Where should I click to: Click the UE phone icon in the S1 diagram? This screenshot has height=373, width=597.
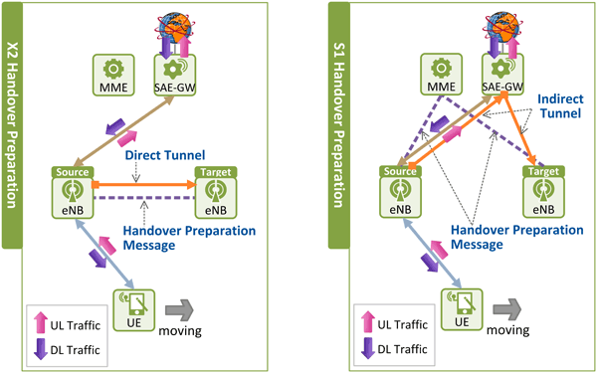(x=461, y=301)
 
